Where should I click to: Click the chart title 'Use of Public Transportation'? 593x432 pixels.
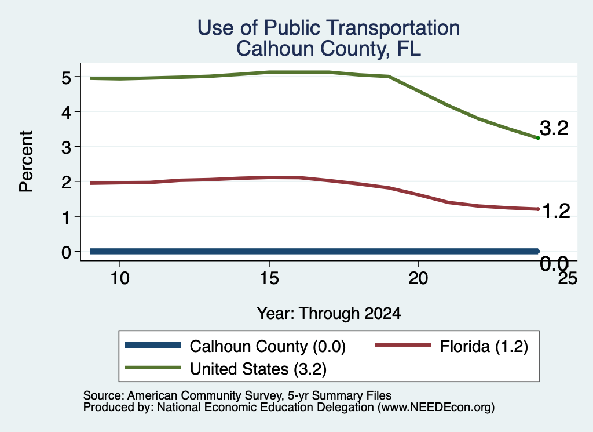point(329,28)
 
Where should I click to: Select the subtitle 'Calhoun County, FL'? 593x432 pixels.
point(329,49)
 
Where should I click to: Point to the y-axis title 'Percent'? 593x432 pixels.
point(26,161)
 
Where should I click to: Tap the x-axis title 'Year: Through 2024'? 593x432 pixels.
point(329,314)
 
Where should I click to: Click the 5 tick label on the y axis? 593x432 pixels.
point(66,78)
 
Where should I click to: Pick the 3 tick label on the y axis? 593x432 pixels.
point(66,147)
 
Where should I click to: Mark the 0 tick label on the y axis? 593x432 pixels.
point(66,252)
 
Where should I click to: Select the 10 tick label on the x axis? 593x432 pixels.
point(120,279)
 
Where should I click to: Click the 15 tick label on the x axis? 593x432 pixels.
point(269,279)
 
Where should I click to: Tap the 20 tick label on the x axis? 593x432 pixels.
point(418,279)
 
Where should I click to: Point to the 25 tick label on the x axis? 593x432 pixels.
point(568,279)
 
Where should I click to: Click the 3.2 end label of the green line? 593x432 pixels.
point(554,128)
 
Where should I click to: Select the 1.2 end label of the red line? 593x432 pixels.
point(555,211)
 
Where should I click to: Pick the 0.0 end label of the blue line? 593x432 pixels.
point(554,263)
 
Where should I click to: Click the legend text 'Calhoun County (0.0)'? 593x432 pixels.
point(268,347)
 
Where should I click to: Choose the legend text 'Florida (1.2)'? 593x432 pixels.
point(484,347)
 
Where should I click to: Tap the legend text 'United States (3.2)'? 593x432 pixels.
point(258,369)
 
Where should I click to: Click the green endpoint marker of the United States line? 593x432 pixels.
point(538,138)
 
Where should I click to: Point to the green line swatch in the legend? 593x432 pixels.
point(153,368)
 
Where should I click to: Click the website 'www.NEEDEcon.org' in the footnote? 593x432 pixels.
point(436,408)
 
